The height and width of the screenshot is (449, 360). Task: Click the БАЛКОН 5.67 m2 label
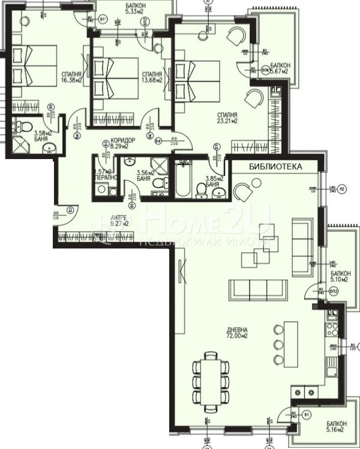coord(280,68)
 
